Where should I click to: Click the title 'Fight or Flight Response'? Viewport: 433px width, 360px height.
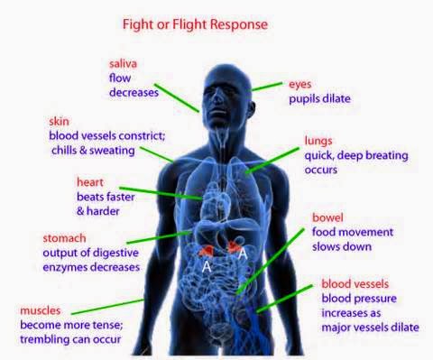[x=195, y=24]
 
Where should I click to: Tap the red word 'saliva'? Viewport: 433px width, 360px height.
[x=123, y=64]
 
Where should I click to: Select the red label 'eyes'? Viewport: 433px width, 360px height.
[x=299, y=85]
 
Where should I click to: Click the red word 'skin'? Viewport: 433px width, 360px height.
[x=59, y=121]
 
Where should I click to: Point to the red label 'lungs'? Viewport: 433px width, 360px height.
[x=318, y=141]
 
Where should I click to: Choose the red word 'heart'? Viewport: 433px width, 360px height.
[x=90, y=182]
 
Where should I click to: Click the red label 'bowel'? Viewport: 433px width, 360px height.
[x=327, y=217]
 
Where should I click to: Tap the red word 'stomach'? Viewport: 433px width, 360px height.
[x=64, y=238]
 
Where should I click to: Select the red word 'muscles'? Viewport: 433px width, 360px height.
[x=41, y=310]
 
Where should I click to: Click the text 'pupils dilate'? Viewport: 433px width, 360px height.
[x=319, y=99]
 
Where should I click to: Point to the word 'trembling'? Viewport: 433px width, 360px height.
[x=42, y=339]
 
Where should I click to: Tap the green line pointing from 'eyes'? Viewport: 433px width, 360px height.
[x=267, y=87]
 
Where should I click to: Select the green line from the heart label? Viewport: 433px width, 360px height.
[x=161, y=193]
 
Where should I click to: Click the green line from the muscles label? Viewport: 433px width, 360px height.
[x=107, y=307]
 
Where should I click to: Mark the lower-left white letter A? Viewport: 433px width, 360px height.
[x=207, y=267]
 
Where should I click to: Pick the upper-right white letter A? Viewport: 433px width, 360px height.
[x=243, y=254]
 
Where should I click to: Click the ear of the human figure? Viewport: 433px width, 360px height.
[x=252, y=109]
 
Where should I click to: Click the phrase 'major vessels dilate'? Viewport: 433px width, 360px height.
[x=370, y=328]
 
